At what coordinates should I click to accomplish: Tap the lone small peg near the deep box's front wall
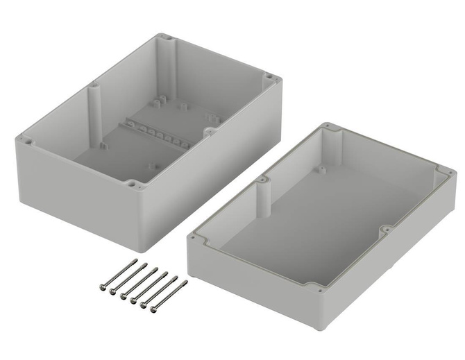[x=150, y=165]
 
